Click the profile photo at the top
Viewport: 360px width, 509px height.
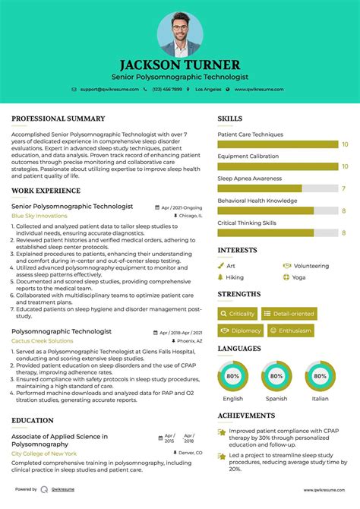pyautogui.click(x=180, y=34)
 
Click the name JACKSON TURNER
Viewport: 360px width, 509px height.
pyautogui.click(x=180, y=65)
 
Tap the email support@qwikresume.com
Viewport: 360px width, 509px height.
pyautogui.click(x=109, y=90)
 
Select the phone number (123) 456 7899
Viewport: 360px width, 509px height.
pyautogui.click(x=166, y=90)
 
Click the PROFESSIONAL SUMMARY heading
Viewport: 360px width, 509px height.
pyautogui.click(x=58, y=119)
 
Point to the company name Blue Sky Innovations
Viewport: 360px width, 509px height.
pyautogui.click(x=39, y=216)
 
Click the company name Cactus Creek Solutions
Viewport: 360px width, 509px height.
pyautogui.click(x=43, y=341)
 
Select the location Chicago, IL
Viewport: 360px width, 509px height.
pyautogui.click(x=191, y=216)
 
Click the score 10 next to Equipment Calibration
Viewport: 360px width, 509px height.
pyautogui.click(x=345, y=166)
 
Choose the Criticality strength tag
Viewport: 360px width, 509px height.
pyautogui.click(x=238, y=313)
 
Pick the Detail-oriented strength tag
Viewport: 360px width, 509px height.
pyautogui.click(x=289, y=313)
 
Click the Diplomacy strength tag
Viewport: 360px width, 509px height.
pyautogui.click(x=241, y=330)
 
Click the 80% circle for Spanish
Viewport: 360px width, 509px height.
pyautogui.click(x=276, y=375)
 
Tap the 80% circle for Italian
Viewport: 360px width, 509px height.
pyautogui.click(x=321, y=375)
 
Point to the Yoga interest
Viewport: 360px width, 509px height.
pyautogui.click(x=298, y=277)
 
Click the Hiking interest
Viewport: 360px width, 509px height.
pyautogui.click(x=235, y=277)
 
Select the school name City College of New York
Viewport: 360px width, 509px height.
pyautogui.click(x=43, y=454)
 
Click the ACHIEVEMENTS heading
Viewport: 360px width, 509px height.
pyautogui.click(x=246, y=416)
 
